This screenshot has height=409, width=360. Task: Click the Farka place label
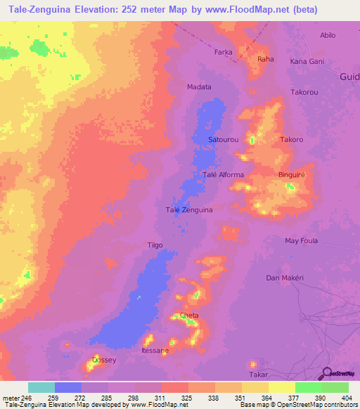223,52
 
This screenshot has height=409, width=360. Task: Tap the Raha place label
266,59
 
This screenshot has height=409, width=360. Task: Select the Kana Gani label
307,62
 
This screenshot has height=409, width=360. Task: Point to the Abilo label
328,35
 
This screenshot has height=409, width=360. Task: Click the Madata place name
199,87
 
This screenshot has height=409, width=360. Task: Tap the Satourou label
224,140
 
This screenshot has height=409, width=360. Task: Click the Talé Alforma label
223,175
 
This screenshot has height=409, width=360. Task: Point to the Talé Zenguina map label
189,209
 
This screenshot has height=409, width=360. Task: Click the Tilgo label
155,245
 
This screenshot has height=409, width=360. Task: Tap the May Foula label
301,240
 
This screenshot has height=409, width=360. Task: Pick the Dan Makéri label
284,278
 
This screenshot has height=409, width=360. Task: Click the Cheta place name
189,316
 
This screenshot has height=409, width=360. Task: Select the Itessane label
155,350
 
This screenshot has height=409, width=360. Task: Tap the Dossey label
104,360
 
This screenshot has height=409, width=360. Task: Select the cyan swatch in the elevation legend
41,387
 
